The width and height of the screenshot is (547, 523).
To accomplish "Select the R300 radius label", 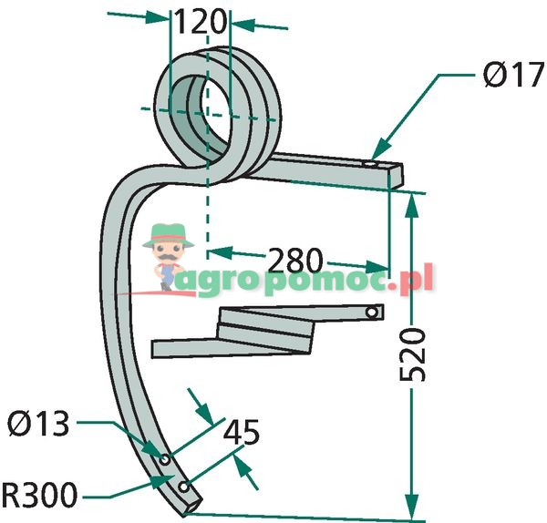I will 40,497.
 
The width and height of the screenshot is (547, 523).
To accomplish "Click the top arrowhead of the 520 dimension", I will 412,202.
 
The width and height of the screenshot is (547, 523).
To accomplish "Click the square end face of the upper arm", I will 393,177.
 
